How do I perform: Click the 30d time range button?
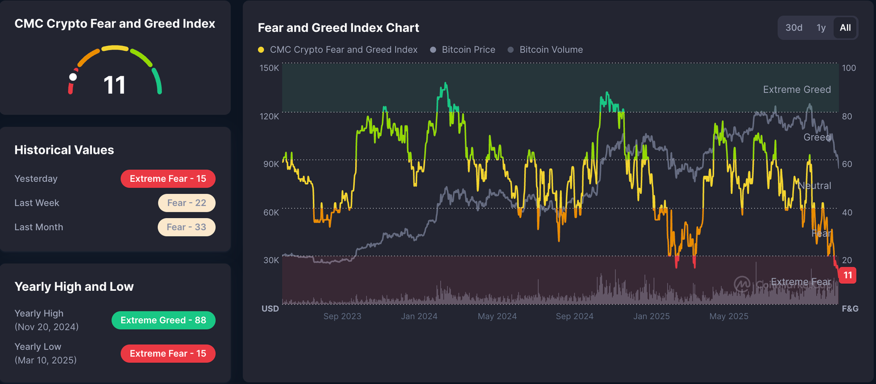(x=794, y=28)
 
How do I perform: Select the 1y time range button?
(x=821, y=28)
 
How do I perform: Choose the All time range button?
(x=845, y=28)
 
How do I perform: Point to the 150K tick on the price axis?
(x=269, y=68)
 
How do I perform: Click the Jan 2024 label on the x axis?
(x=419, y=316)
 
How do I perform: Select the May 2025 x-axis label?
(x=729, y=316)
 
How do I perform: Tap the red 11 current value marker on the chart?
(x=848, y=275)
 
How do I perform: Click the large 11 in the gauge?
(x=114, y=85)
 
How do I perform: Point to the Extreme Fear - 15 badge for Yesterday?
(x=168, y=179)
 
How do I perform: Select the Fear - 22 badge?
(x=187, y=203)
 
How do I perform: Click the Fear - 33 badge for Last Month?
(x=187, y=227)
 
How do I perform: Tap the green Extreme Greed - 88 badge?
(x=163, y=320)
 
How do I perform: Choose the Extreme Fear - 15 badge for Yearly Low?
(x=168, y=354)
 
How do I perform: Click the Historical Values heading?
(x=64, y=150)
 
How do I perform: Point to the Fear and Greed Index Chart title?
(x=338, y=28)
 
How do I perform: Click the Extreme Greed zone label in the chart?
(x=797, y=89)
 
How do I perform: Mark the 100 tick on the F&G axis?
(x=849, y=68)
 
